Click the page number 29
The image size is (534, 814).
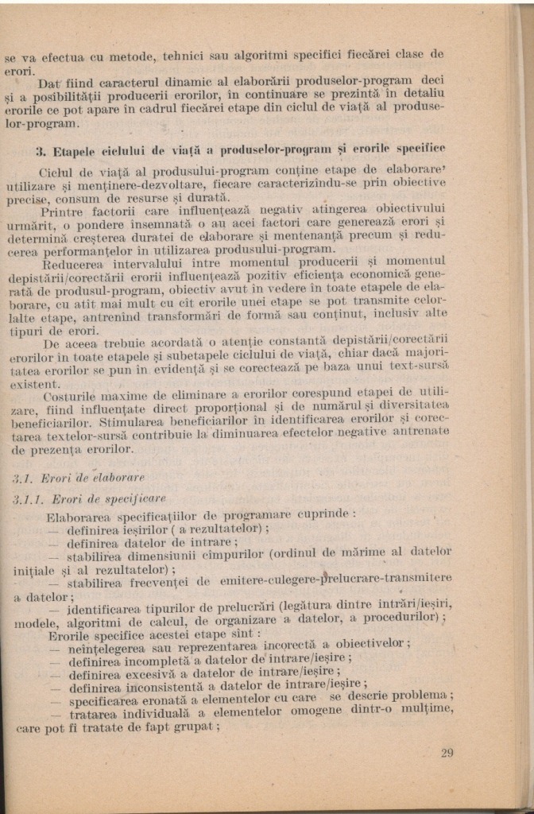coord(447,753)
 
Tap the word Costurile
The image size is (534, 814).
coord(71,394)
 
